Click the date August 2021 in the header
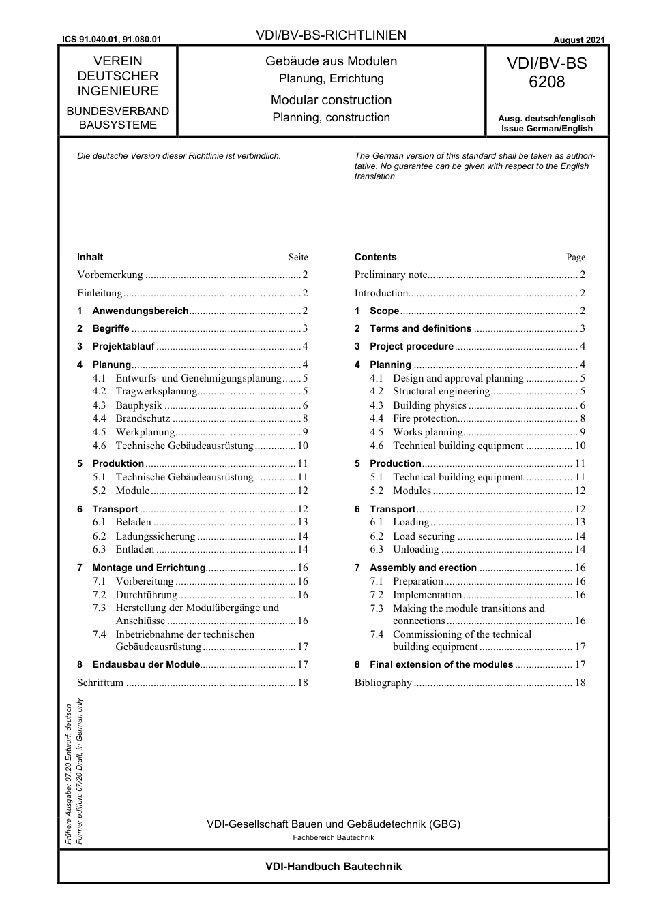(578, 40)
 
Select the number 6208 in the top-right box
(546, 82)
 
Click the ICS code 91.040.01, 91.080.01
(111, 40)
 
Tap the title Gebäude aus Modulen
(331, 61)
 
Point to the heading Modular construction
(331, 100)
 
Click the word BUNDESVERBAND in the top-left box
(117, 111)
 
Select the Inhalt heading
(90, 258)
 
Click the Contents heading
(375, 258)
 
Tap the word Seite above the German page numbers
(298, 258)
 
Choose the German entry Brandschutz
(143, 419)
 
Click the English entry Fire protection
(425, 419)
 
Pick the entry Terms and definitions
(420, 328)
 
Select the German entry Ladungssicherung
(156, 536)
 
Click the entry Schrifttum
(100, 683)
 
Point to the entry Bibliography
(383, 683)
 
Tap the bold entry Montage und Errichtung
(149, 568)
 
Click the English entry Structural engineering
(441, 392)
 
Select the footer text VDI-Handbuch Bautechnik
(334, 867)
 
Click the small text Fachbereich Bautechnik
(334, 838)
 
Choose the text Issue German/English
(546, 129)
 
